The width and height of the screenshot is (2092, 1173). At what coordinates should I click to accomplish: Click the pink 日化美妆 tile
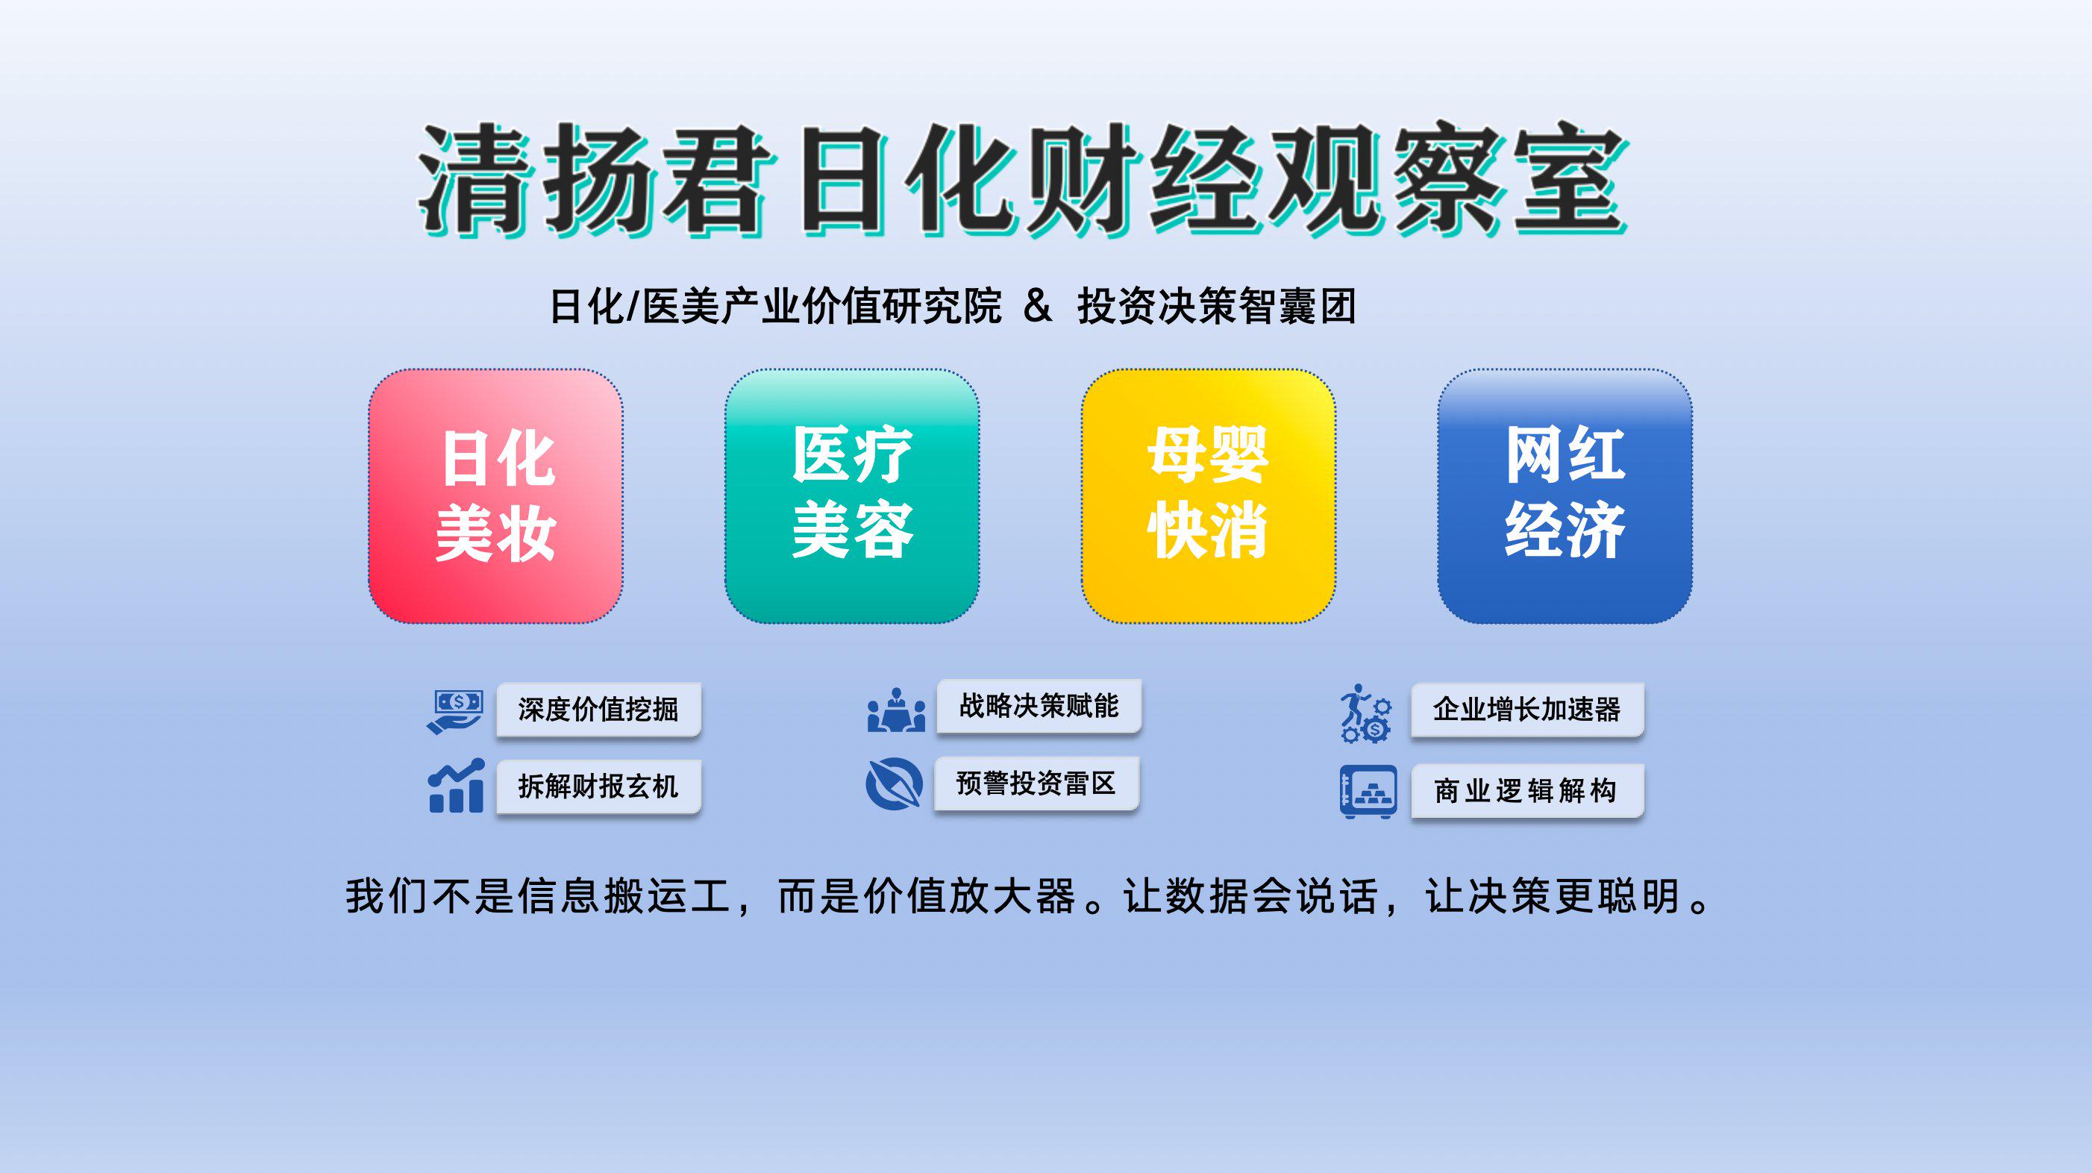click(x=495, y=496)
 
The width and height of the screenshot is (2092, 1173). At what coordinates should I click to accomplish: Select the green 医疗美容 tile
click(x=852, y=496)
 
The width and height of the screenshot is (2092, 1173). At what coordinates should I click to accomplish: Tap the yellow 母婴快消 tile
click(x=1209, y=496)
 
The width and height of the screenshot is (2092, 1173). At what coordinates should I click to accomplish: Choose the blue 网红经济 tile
click(x=1565, y=496)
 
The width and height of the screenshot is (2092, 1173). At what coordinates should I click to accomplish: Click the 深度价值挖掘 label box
click(x=598, y=710)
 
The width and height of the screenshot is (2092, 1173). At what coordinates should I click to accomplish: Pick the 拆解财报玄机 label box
click(x=598, y=786)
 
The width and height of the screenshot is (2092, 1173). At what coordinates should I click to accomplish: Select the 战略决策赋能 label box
click(x=1039, y=706)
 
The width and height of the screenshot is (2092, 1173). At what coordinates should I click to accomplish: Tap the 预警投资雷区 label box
click(x=1036, y=783)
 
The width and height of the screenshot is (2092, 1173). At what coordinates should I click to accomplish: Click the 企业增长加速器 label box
click(x=1527, y=710)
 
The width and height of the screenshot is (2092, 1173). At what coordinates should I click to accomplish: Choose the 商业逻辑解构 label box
click(x=1527, y=790)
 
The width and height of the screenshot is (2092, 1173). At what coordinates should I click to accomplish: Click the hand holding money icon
click(x=455, y=712)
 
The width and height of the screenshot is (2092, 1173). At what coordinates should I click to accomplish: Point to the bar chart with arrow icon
click(x=457, y=786)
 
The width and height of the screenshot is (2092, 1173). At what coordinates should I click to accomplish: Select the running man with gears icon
click(x=1366, y=713)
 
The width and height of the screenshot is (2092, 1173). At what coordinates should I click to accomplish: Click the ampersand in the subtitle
click(x=1038, y=305)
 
